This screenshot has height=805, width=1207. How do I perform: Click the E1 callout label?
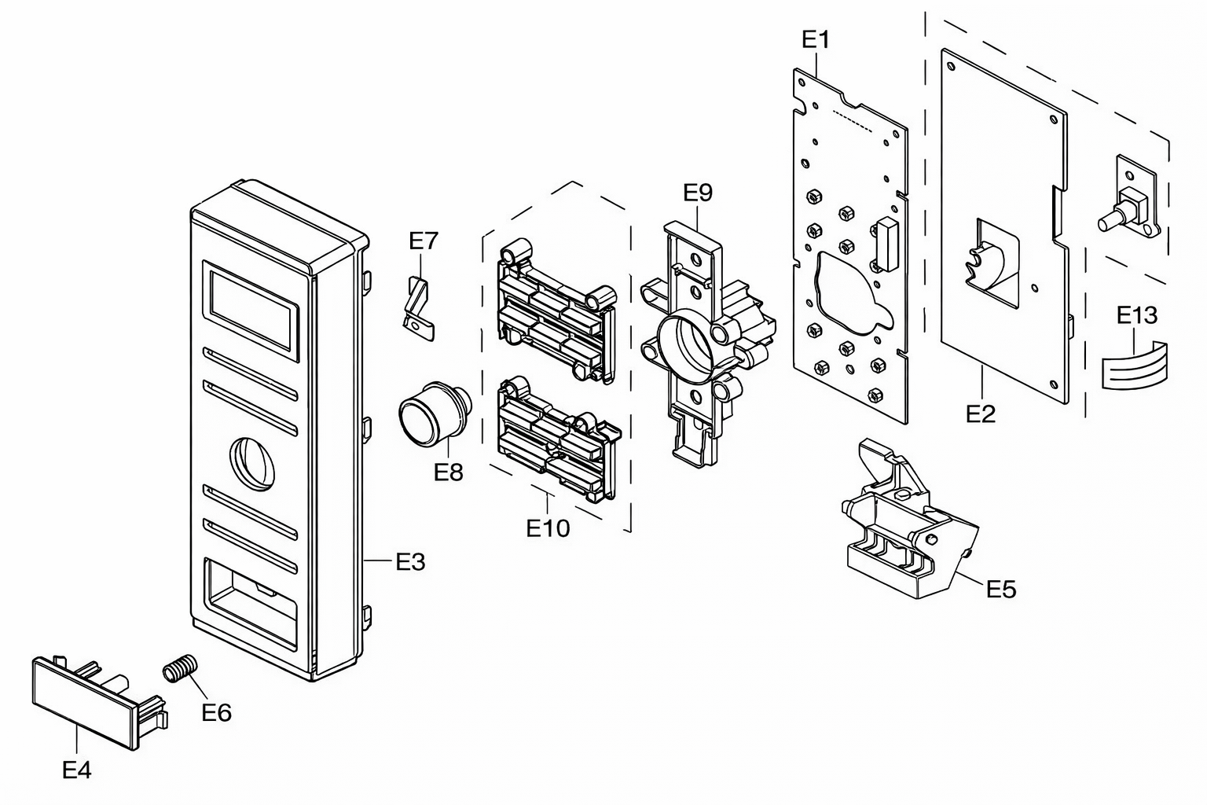pyautogui.click(x=816, y=39)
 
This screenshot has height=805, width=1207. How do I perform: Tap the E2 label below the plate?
pyautogui.click(x=980, y=414)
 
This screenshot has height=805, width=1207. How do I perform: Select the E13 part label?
pyautogui.click(x=1137, y=315)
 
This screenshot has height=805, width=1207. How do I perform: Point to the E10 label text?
pyautogui.click(x=548, y=528)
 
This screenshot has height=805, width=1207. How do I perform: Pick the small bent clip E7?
pyautogui.click(x=419, y=308)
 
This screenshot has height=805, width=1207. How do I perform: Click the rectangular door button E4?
pyautogui.click(x=100, y=703)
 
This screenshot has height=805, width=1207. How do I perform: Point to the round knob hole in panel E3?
pyautogui.click(x=252, y=464)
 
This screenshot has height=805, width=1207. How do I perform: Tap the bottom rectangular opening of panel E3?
pyautogui.click(x=251, y=603)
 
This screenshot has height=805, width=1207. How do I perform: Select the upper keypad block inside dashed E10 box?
pyautogui.click(x=558, y=311)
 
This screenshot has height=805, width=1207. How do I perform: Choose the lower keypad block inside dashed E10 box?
pyautogui.click(x=560, y=439)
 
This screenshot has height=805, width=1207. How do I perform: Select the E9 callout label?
pyautogui.click(x=698, y=193)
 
